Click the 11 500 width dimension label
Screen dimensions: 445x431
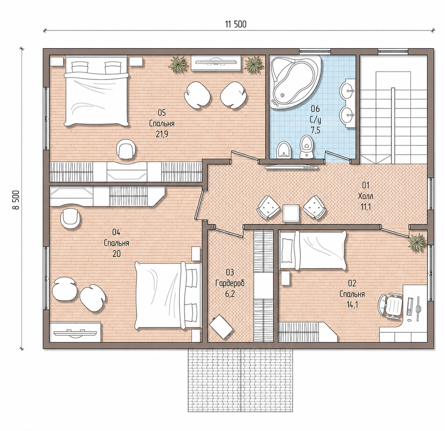point(236,24)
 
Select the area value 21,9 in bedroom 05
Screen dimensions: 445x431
point(162,134)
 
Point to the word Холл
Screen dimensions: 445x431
point(365,196)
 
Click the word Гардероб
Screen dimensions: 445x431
point(230,283)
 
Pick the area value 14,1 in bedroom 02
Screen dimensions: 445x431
point(352,305)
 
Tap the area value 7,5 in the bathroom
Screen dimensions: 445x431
point(316,130)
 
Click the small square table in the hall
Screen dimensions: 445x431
point(291,213)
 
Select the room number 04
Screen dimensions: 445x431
point(116,232)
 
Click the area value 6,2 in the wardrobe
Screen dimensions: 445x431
point(230,294)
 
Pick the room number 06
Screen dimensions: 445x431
point(315,109)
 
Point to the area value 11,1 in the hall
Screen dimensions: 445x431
point(365,207)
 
